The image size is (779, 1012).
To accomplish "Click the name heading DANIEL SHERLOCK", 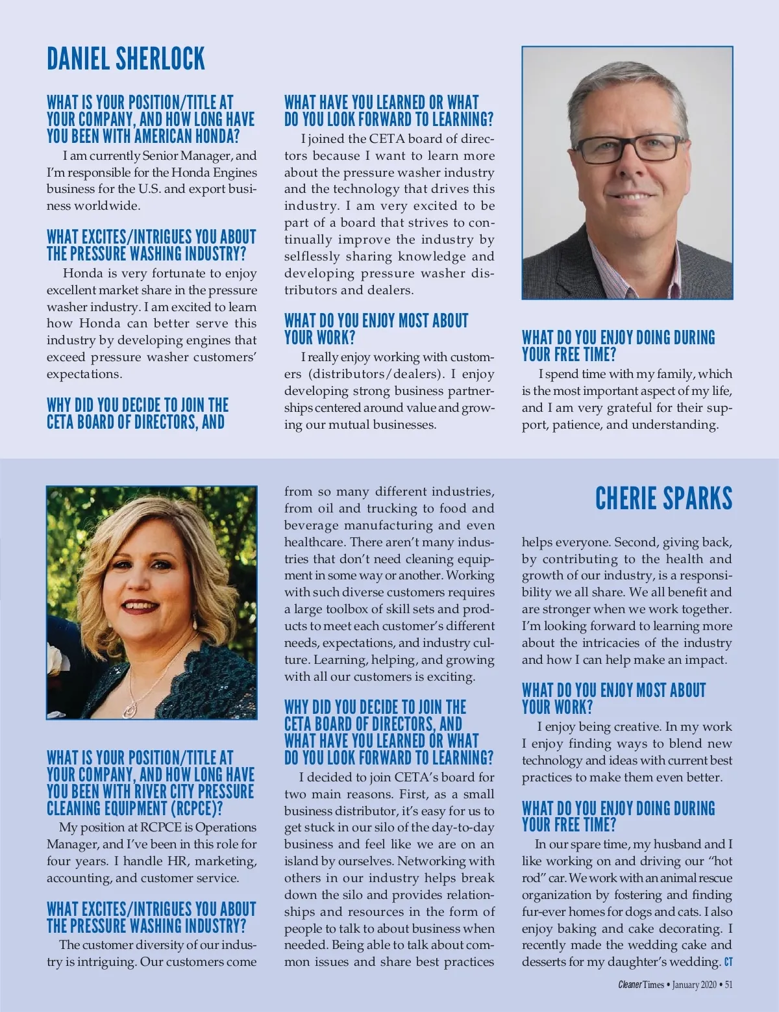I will [126, 59].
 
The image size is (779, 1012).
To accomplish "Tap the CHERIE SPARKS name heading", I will [663, 499].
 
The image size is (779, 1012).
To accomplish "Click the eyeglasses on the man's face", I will [621, 147].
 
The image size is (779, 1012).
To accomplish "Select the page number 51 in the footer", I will [728, 985].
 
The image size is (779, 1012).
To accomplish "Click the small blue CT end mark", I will [728, 962].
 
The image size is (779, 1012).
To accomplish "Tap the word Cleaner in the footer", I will [630, 985].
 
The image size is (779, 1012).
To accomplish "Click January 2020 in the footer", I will [694, 985].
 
